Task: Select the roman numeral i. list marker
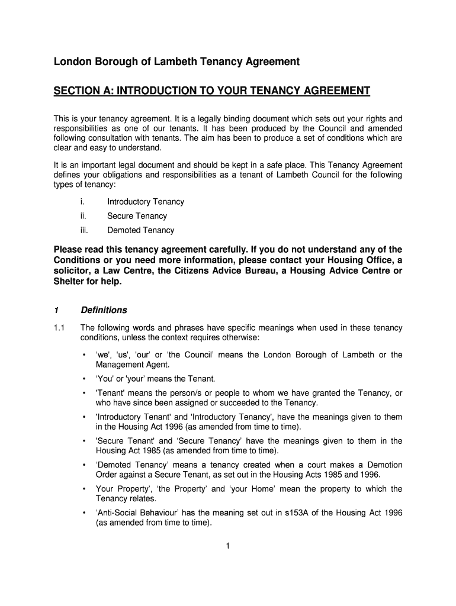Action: point(82,202)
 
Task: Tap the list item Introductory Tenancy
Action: point(146,202)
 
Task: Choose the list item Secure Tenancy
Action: point(137,216)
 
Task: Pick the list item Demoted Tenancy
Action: point(140,230)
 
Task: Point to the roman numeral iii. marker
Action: point(84,230)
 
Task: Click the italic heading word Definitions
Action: point(104,310)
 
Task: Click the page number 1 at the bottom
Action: point(227,546)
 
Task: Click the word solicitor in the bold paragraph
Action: point(73,271)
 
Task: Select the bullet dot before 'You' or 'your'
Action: point(84,379)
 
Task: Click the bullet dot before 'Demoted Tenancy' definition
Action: point(84,465)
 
